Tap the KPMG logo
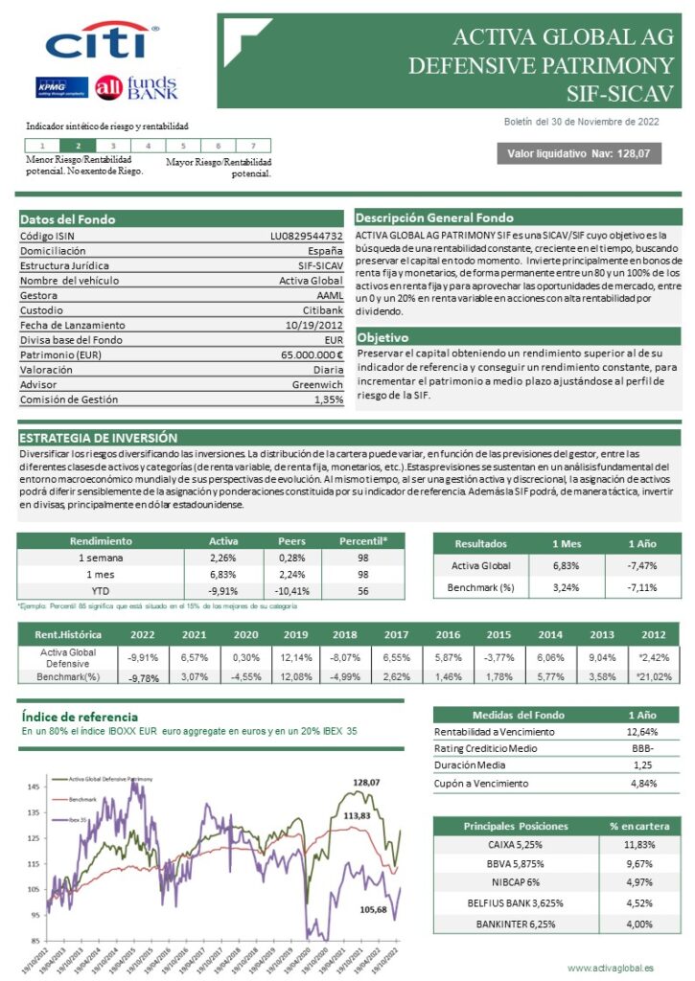tap(62, 87)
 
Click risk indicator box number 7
tap(253, 146)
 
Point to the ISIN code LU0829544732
tap(307, 236)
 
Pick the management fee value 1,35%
tap(328, 399)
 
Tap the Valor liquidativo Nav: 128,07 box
tap(578, 153)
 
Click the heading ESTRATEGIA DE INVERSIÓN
tap(99, 437)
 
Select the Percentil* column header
tap(364, 540)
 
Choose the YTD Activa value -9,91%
tap(223, 590)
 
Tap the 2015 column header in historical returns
tap(498, 633)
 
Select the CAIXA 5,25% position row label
tap(515, 844)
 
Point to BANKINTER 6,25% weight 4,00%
tap(639, 924)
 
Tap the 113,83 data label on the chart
tap(357, 815)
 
